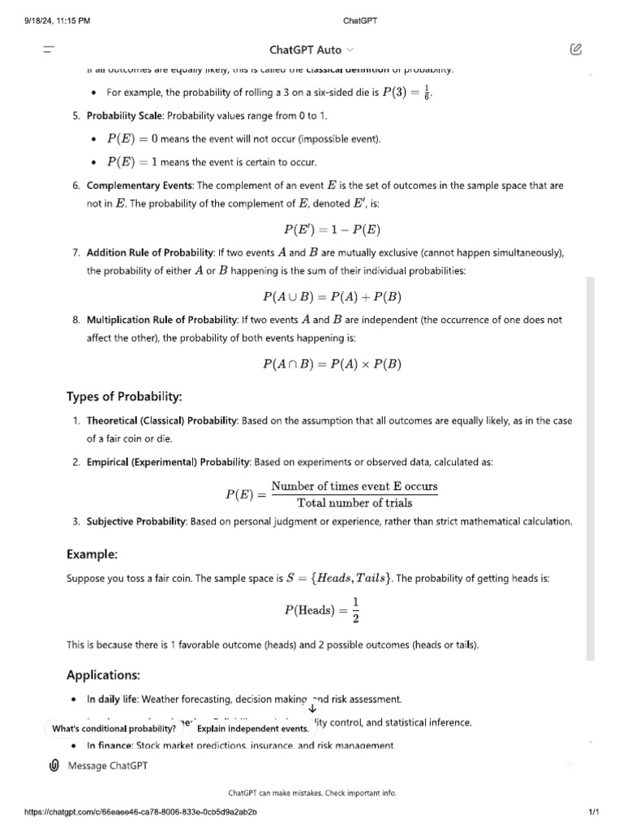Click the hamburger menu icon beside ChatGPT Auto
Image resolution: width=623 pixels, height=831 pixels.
coord(49,50)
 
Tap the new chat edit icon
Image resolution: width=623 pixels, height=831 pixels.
coord(575,50)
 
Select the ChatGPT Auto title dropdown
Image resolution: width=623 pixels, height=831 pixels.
coord(311,50)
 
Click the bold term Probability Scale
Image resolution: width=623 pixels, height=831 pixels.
coord(125,116)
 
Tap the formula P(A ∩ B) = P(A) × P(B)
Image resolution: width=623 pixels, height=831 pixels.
coord(333,365)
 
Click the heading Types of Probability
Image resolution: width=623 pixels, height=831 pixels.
coord(124,397)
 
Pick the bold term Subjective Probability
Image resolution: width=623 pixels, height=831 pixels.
coord(137,521)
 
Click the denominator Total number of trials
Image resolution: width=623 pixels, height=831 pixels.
coord(354,503)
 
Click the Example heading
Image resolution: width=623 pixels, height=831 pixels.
coord(92,554)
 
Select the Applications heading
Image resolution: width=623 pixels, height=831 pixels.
coord(104,675)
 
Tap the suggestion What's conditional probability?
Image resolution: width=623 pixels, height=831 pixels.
coord(114,729)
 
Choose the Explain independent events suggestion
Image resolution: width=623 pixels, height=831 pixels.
coord(247,729)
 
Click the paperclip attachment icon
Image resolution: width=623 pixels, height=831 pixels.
coord(54,765)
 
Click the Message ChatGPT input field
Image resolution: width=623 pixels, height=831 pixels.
coord(308,765)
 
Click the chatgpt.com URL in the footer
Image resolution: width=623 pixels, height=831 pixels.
coord(141,812)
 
